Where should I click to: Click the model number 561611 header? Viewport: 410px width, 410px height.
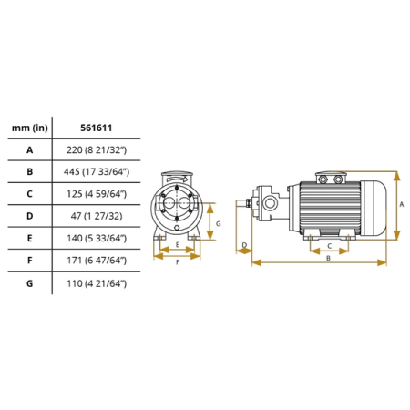[96, 128]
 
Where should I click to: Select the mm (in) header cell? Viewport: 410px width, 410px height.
[30, 128]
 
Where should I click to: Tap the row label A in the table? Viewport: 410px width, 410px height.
[29, 150]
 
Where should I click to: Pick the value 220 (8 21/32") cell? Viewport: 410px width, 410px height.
[97, 150]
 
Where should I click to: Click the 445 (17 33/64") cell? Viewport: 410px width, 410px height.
[97, 172]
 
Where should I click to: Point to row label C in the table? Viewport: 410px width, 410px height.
[29, 194]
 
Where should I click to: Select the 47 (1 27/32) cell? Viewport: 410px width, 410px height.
[97, 216]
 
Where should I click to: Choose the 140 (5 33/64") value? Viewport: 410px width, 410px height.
[97, 238]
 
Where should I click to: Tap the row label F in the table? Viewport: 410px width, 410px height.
[29, 261]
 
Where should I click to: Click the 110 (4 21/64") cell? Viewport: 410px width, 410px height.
[97, 283]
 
